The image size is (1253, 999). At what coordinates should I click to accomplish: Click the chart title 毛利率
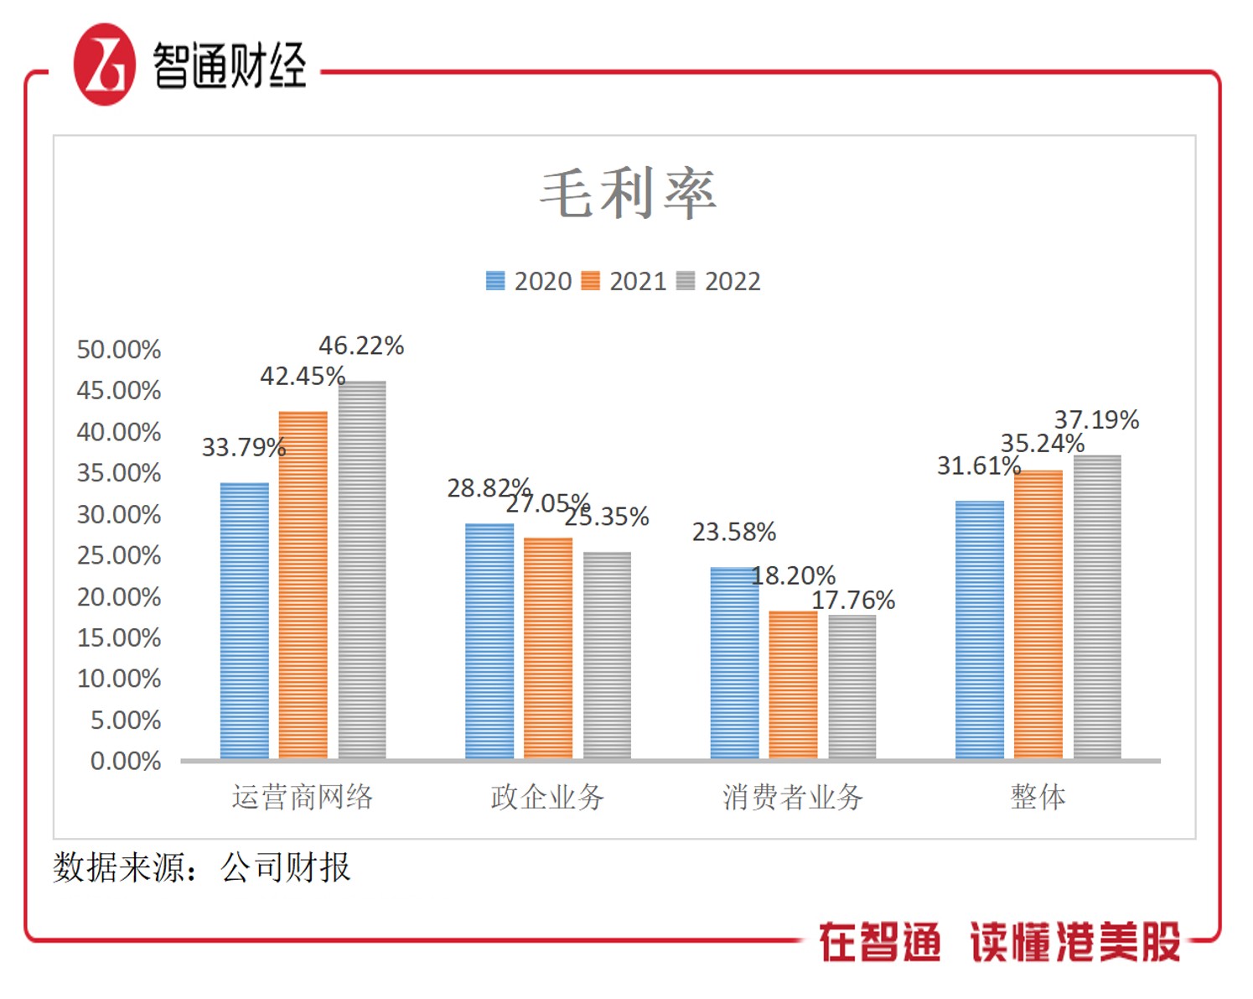pos(628,194)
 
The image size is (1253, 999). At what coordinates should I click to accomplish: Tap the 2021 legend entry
pos(624,281)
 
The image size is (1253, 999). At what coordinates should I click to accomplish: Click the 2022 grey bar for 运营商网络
pos(362,570)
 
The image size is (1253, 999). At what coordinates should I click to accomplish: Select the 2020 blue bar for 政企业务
pos(489,642)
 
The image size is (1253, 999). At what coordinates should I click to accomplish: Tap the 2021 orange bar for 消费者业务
pos(793,685)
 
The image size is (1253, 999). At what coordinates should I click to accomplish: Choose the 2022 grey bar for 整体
pos(1097,607)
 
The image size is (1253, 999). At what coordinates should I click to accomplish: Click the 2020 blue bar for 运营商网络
pos(245,621)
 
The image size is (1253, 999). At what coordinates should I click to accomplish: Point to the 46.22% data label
pos(361,346)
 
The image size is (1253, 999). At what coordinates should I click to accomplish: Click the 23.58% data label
pos(733,532)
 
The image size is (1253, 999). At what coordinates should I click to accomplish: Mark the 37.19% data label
pos(1096,419)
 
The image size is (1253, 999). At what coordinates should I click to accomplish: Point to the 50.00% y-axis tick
pos(119,350)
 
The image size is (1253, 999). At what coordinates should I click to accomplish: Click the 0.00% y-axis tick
pos(126,761)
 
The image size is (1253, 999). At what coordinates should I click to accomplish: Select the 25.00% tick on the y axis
pos(119,555)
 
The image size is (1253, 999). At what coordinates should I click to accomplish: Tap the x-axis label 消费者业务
pos(793,797)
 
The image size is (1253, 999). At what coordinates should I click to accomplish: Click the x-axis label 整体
pos(1038,797)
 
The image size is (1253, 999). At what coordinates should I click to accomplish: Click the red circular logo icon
pos(104,65)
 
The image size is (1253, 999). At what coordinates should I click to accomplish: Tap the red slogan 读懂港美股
pos(1075,942)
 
